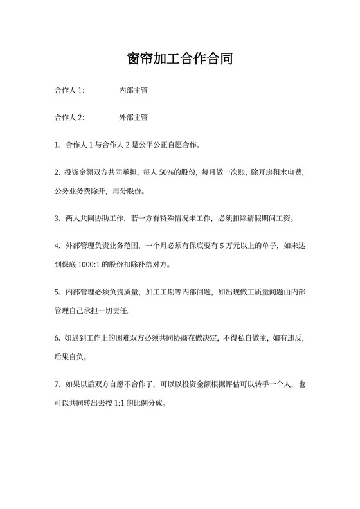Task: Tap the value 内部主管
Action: click(x=134, y=91)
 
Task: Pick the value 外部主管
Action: click(x=134, y=118)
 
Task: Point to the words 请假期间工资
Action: click(x=271, y=219)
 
